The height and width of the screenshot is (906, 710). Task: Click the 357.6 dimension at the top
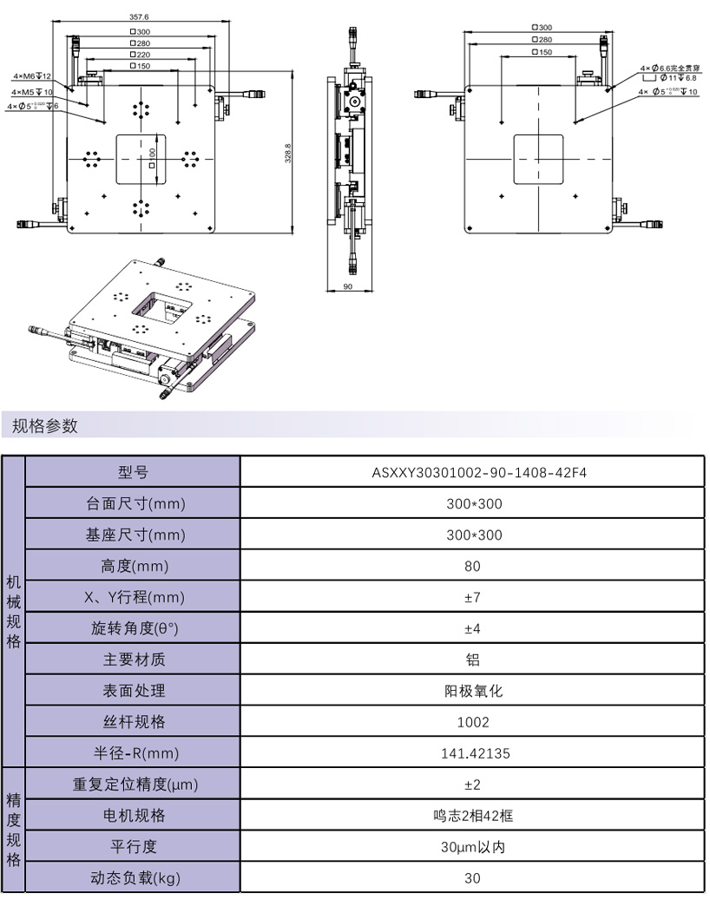point(139,16)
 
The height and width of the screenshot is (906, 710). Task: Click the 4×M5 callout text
point(32,91)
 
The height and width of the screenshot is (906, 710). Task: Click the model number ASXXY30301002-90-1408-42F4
point(472,472)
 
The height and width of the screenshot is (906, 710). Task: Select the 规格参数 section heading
point(45,426)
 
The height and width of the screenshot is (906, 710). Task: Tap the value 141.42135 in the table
point(472,753)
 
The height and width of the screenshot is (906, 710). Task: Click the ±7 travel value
point(472,597)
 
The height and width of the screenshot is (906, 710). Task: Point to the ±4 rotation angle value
point(472,628)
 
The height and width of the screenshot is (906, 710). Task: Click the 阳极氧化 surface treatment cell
point(472,691)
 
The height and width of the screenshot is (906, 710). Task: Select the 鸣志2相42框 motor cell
point(472,816)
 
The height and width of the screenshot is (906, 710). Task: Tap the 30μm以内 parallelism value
point(472,847)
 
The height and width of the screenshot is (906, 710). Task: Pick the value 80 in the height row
point(472,566)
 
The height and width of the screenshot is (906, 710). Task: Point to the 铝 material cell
point(472,660)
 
